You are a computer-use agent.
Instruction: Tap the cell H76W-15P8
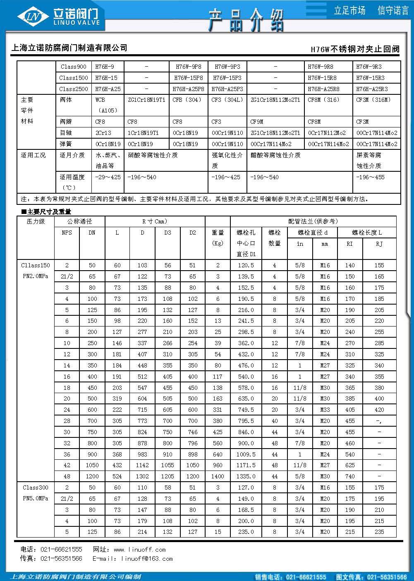(188, 78)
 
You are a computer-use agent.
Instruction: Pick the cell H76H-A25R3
(376, 89)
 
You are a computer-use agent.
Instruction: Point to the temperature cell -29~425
(108, 177)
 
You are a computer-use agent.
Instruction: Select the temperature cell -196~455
(371, 177)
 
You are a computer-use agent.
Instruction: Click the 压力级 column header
(36, 221)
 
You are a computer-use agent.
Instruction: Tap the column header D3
(168, 233)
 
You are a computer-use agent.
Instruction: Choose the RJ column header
(379, 244)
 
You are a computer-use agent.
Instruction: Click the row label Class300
(36, 487)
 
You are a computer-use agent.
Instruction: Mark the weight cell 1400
(218, 476)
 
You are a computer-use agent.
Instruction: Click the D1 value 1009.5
(246, 454)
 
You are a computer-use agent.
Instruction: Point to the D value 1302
(142, 476)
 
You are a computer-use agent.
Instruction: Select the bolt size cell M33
(325, 410)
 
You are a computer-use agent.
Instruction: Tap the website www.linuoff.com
(140, 550)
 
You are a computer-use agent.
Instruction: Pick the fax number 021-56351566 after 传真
(61, 559)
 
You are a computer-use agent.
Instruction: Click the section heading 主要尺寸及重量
(49, 212)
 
